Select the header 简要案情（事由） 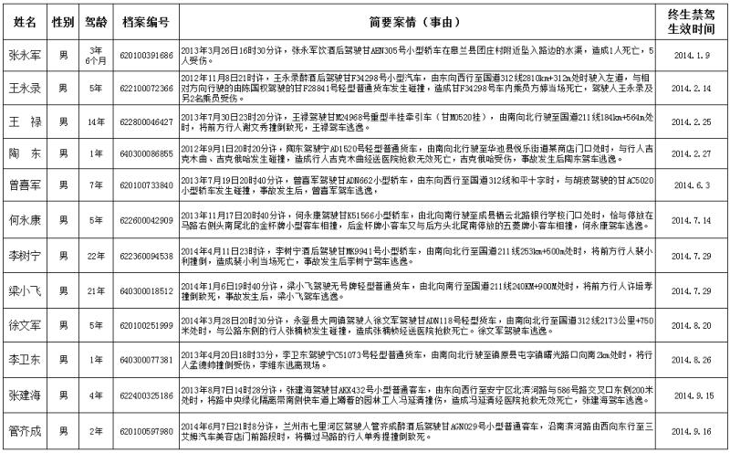pos(420,19)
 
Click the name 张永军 pos(26,54)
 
